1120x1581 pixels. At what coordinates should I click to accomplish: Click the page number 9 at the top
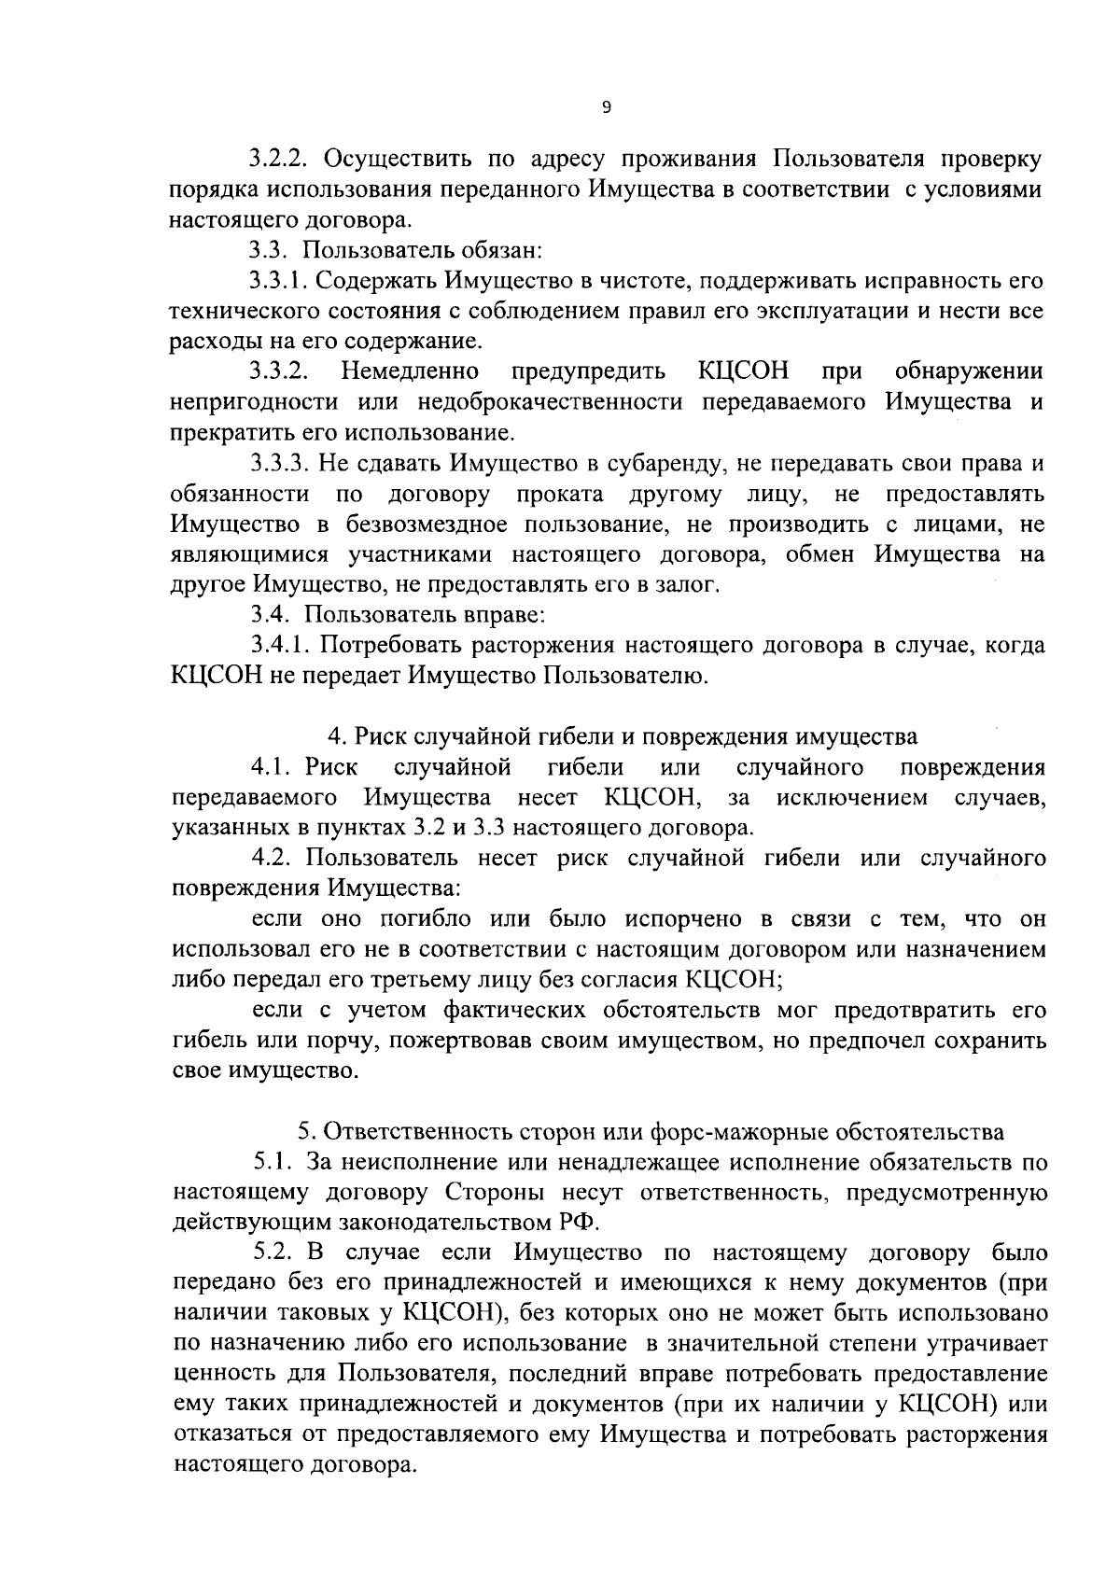607,109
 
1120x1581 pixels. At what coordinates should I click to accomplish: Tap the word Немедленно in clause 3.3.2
412,371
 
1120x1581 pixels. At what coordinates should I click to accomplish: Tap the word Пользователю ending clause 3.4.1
624,676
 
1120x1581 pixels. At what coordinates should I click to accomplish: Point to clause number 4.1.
272,767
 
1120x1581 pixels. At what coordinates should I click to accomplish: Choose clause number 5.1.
272,1162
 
